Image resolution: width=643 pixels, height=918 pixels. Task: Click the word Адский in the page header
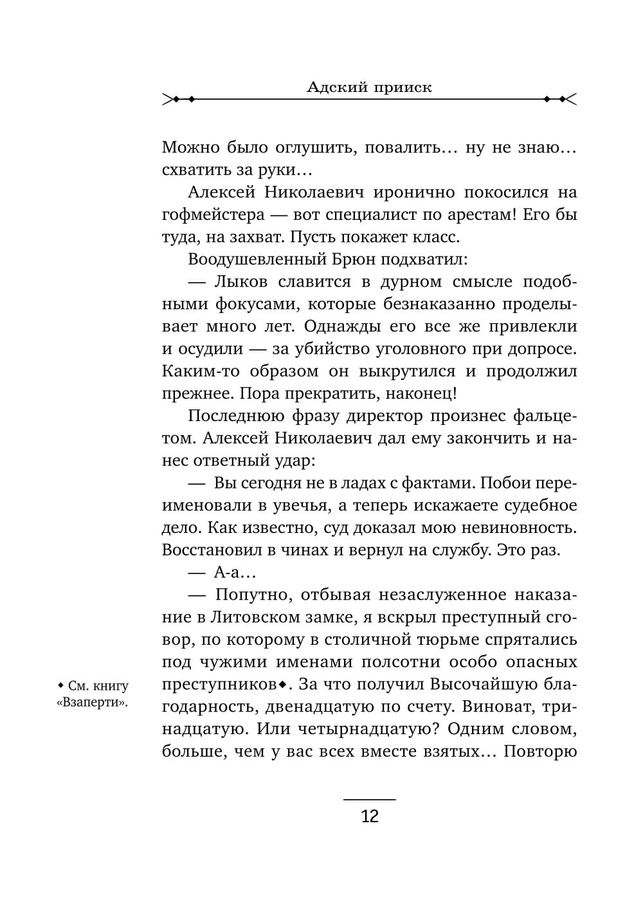334,87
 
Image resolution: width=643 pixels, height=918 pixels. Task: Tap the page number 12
370,816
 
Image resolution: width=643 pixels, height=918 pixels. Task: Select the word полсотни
398,662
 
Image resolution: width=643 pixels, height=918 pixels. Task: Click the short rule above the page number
370,799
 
